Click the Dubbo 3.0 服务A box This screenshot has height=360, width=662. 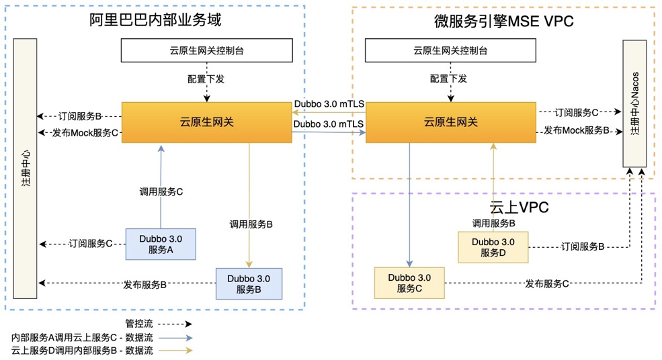pyautogui.click(x=161, y=244)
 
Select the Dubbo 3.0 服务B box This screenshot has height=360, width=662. pyautogui.click(x=249, y=283)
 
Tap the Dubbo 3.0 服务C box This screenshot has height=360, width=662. pyautogui.click(x=409, y=282)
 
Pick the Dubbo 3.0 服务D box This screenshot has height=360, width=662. pyautogui.click(x=493, y=246)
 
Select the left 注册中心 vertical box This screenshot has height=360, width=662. pyautogui.click(x=26, y=167)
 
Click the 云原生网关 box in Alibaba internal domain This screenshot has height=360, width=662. pyautogui.click(x=206, y=122)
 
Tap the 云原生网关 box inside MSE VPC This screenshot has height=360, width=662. pyautogui.click(x=450, y=122)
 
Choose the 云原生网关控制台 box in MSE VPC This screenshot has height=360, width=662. pyautogui.click(x=450, y=50)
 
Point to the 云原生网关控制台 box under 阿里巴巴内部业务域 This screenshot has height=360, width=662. pyautogui.click(x=206, y=50)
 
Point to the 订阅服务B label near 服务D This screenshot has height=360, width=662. pyautogui.click(x=582, y=247)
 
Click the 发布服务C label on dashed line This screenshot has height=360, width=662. pyautogui.click(x=546, y=283)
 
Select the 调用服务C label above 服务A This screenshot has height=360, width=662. pyautogui.click(x=161, y=191)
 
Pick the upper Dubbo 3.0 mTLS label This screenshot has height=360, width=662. pyautogui.click(x=328, y=105)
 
